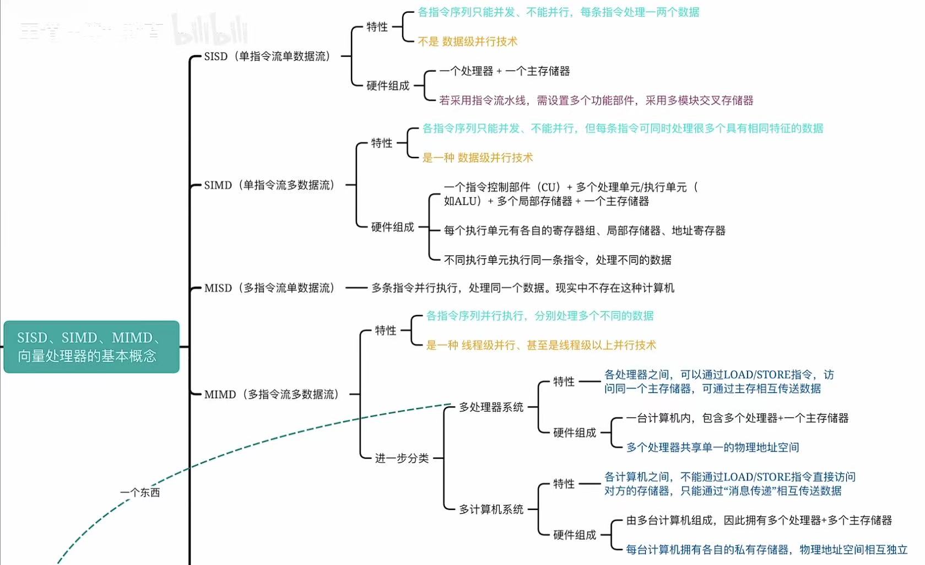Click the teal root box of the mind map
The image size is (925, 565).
point(91,347)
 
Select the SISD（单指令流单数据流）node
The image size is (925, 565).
point(267,56)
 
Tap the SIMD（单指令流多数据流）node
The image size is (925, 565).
point(269,185)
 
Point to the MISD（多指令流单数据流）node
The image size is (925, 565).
point(269,288)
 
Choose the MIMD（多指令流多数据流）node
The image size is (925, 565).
point(272,394)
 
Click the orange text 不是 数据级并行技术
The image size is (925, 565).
point(468,41)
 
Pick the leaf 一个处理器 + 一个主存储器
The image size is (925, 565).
point(504,71)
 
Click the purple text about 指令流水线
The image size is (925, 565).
point(596,100)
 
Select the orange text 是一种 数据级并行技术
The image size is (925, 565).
point(478,158)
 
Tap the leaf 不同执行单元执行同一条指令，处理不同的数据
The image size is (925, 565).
point(558,260)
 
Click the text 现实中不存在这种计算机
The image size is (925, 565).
point(615,288)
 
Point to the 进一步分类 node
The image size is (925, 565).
point(402,458)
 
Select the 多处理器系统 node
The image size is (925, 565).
point(491,407)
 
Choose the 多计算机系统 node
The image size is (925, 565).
point(491,509)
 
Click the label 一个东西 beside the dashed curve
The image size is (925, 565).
point(140,492)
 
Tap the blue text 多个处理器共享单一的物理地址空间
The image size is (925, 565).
point(712,447)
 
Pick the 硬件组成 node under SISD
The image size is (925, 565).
point(388,85)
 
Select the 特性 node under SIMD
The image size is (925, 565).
point(382,143)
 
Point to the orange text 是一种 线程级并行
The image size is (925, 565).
point(541,345)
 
